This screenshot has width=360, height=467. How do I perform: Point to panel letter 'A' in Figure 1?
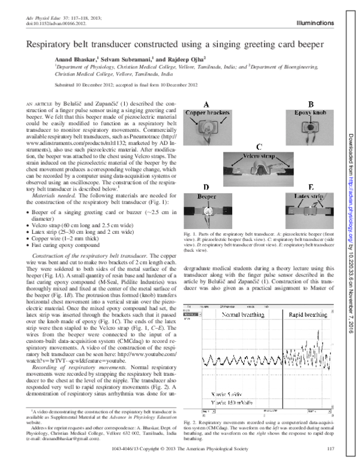point(206,103)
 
